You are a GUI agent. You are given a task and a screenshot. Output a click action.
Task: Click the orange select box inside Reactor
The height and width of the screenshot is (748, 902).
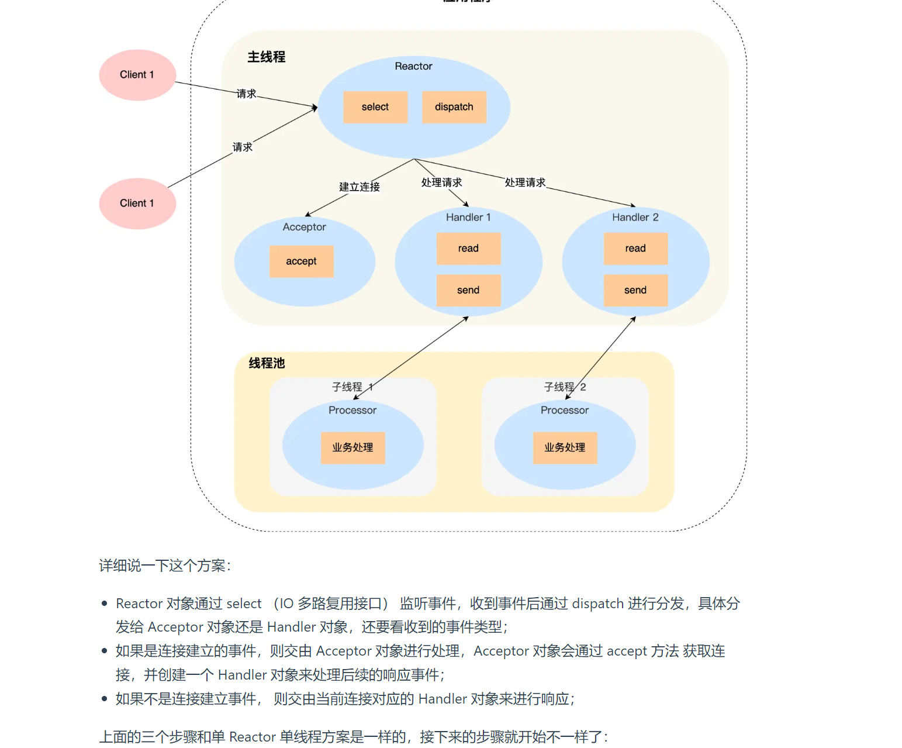coord(375,107)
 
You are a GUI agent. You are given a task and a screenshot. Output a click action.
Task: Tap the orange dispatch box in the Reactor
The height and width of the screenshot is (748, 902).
coord(454,107)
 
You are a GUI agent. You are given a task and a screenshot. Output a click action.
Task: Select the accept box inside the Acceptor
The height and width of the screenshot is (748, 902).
coord(301,261)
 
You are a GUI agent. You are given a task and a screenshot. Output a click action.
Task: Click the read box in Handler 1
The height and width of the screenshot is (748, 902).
coord(468,249)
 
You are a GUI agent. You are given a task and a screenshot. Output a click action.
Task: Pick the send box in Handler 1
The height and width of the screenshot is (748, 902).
coord(468,290)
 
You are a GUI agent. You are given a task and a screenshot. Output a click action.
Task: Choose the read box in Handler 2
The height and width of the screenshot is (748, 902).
coord(635,249)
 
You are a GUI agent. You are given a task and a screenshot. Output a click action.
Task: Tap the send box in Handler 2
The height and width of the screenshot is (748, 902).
coord(635,290)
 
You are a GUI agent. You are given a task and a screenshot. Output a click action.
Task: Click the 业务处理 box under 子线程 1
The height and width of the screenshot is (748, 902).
coord(352,447)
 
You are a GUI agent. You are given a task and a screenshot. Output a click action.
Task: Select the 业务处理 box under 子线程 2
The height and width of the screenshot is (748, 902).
coord(565,447)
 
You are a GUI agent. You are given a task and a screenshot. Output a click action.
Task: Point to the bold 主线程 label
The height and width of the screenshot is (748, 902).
coord(267,57)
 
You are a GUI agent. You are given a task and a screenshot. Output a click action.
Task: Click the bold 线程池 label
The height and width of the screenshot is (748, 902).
coord(267,363)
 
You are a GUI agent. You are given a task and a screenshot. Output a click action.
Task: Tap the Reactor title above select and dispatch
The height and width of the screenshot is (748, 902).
coord(413,66)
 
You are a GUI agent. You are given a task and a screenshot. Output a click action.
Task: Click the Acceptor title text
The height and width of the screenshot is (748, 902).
coord(304,227)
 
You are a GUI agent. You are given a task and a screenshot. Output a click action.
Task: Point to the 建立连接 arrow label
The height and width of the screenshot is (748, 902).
coord(360,187)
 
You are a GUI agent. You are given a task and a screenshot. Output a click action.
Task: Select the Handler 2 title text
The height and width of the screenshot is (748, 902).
coord(635,218)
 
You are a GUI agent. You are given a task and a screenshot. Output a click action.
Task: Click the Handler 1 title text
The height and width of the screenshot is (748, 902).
coord(468,218)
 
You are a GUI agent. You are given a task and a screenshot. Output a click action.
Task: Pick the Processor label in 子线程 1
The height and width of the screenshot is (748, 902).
coord(352,411)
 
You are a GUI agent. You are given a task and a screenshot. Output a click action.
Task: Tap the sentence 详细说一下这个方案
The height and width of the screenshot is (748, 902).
coord(164,566)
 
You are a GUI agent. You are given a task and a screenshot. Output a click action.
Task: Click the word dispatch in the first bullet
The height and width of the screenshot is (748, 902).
coord(597,604)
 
